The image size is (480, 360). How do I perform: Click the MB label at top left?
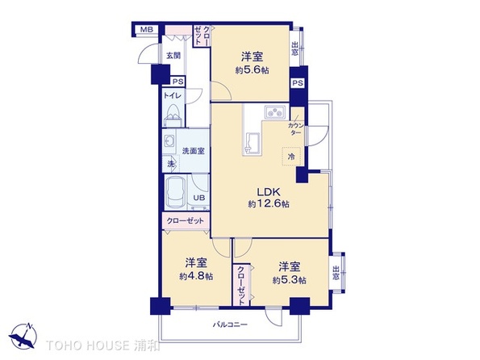tap(146, 30)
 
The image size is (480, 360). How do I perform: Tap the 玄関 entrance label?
tap(173, 56)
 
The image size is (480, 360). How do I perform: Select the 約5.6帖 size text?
tap(250, 69)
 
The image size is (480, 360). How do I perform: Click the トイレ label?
tap(173, 95)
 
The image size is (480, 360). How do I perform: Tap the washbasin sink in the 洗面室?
tap(171, 144)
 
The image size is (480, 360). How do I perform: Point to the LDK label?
tap(268, 191)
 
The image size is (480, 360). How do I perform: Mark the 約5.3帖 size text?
tap(289, 279)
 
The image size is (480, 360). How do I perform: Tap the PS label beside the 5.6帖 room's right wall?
tap(298, 83)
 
